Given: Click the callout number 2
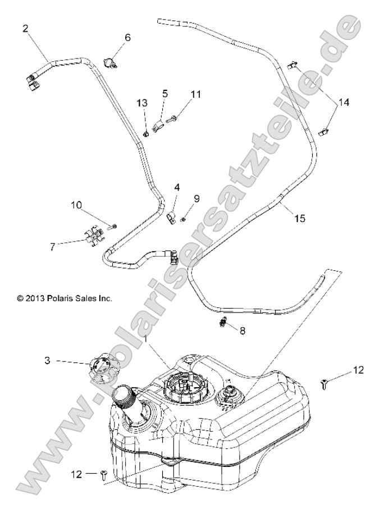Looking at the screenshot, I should [26, 28].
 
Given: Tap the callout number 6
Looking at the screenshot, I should [127, 38].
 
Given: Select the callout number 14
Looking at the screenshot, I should [343, 103].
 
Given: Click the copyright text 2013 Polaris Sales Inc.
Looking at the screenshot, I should [65, 298].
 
